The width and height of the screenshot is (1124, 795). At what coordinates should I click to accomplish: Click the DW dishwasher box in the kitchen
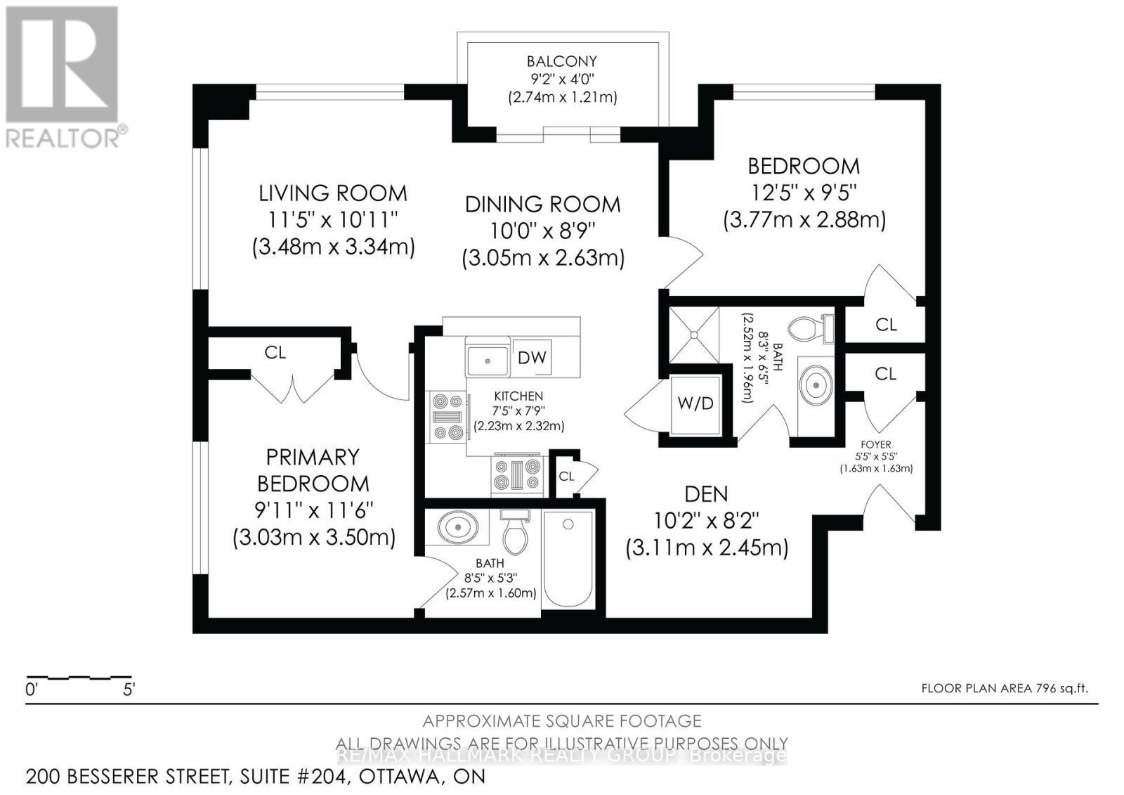click(532, 358)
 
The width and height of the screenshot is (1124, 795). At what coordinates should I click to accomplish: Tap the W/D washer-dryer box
click(695, 403)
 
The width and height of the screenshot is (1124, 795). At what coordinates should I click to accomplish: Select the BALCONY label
click(562, 61)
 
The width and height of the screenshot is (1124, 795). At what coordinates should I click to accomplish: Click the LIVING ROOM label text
click(333, 193)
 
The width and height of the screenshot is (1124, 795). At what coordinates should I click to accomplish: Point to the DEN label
click(706, 494)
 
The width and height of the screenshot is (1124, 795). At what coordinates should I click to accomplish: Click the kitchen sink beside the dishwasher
click(488, 361)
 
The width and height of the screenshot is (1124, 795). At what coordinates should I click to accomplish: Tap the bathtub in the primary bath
click(568, 559)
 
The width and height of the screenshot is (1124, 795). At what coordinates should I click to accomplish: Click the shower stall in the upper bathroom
click(693, 335)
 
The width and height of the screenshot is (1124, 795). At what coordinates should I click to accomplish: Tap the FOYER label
click(875, 444)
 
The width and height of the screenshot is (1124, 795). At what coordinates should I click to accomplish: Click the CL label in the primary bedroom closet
click(275, 352)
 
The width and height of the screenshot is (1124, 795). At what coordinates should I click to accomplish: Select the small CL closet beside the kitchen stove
click(567, 476)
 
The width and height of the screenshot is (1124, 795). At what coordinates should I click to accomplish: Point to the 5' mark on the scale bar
click(129, 690)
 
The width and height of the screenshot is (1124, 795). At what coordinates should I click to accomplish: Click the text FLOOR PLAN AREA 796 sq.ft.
click(1005, 689)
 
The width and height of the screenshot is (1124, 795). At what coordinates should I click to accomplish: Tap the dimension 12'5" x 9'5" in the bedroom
click(804, 193)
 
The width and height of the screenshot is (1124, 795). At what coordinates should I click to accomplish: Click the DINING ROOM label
click(542, 205)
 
